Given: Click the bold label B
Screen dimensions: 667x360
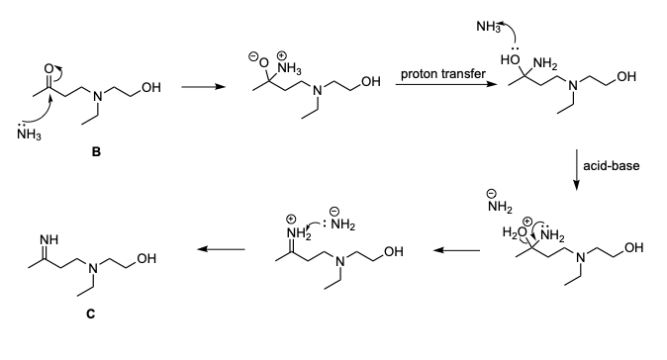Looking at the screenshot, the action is coord(96,151).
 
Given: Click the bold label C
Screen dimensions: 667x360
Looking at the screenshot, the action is coord(91,314).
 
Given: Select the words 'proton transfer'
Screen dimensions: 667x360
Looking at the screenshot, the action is coord(442,74).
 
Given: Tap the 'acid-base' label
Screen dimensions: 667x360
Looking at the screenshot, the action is coord(612,165).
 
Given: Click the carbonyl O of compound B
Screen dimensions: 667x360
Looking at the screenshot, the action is coord(48,68).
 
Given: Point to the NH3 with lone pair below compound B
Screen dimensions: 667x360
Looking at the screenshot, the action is coord(29,134).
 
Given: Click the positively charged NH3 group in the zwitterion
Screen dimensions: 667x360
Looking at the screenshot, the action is coord(289,67).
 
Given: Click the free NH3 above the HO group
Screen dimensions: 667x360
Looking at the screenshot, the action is coord(488,27).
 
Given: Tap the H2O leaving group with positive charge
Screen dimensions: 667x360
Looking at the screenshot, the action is coord(516,231).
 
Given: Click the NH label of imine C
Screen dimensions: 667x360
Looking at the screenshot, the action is coord(48,240).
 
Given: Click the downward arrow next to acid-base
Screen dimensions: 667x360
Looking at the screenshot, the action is coord(576,169).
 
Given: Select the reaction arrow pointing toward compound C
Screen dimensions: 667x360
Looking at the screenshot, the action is coord(222,249).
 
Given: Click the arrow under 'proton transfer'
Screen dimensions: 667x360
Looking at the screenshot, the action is coord(446,84).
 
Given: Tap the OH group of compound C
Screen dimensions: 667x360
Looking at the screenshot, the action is coord(146,258).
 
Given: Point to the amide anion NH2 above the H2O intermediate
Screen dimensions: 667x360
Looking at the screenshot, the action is coord(500,203).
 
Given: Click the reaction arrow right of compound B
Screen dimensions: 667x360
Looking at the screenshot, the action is coord(203,87).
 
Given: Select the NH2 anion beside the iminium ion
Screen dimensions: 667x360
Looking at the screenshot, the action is coord(342,220).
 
